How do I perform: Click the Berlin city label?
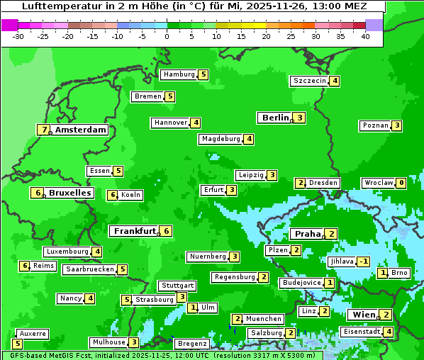[275, 118]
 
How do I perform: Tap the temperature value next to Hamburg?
[203, 74]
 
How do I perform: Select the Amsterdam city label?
[81, 130]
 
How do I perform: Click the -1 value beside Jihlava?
[364, 261]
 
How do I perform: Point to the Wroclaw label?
[378, 183]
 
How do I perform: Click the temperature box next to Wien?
[386, 315]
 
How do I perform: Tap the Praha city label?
[308, 234]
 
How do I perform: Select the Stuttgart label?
[177, 286]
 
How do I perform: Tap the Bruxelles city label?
[69, 193]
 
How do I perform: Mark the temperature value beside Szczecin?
[335, 81]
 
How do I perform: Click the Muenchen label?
[264, 319]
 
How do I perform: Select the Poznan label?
[375, 125]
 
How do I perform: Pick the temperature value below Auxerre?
[18, 344]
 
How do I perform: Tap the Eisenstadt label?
[361, 332]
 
